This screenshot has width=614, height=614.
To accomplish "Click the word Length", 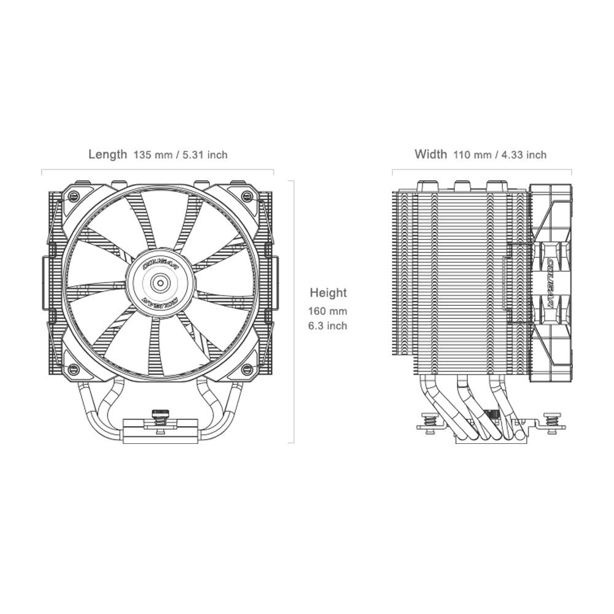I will tap(107, 154).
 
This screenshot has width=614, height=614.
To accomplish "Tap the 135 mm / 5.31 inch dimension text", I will tap(181, 155).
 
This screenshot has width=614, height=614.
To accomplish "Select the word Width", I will tap(430, 154).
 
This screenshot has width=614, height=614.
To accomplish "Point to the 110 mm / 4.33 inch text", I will tap(500, 155).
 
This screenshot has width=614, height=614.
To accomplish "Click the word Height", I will tap(328, 293).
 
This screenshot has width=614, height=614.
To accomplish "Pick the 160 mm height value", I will tap(328, 312).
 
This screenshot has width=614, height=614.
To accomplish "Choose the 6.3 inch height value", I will tap(328, 326).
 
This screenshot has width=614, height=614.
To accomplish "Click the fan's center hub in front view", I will tap(160, 282).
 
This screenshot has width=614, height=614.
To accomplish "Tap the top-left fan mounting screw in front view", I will tap(74, 196).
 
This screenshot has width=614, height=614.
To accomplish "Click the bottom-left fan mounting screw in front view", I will tap(74, 369).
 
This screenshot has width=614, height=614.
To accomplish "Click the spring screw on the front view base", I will tap(160, 418).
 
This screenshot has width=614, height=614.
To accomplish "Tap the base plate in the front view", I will tap(160, 433).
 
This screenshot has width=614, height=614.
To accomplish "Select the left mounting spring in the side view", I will tap(429, 422).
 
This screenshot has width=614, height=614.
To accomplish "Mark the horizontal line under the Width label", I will tap(482, 169).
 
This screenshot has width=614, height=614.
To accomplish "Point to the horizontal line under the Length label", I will tap(158, 169).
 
